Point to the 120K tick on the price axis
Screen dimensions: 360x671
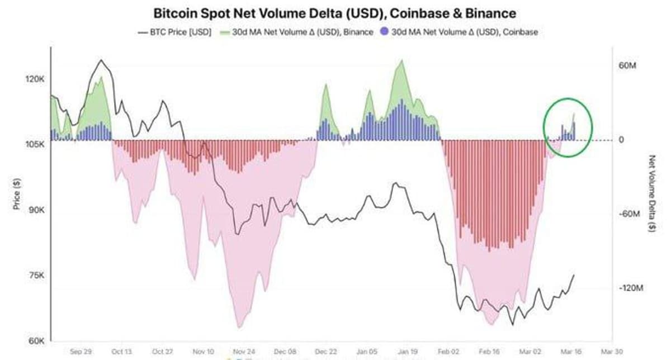pos(35,79)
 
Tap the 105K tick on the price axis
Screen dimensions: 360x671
pos(35,145)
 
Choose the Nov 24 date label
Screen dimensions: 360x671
pos(244,352)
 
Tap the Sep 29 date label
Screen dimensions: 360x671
pos(81,352)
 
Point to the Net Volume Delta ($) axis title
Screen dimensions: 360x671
pos(652,193)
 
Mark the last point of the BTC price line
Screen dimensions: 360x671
pos(574,274)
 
